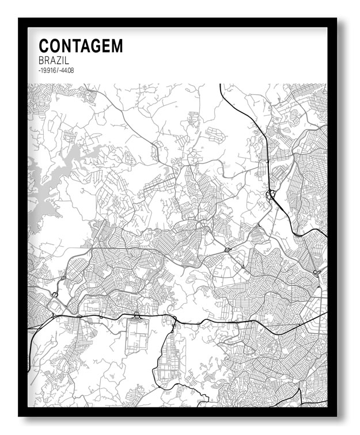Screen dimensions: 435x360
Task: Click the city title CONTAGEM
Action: coord(81,46)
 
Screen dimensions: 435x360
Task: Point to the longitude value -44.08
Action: coord(67,71)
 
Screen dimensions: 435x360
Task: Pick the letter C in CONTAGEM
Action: coord(44,46)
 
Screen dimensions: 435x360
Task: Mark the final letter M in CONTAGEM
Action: coord(117,46)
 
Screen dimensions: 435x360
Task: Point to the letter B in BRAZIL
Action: coord(41,60)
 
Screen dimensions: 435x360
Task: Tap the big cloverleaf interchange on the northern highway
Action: coord(270,196)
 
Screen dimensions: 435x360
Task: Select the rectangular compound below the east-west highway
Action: coord(137,336)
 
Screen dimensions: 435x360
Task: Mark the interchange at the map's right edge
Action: coord(316,272)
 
